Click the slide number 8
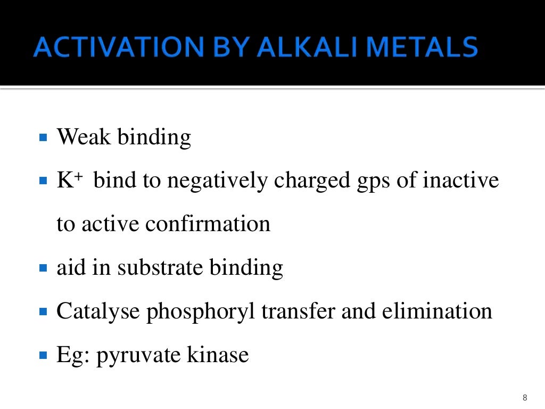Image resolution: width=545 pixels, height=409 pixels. pos(525,398)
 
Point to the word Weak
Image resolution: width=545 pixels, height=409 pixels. pos(84,137)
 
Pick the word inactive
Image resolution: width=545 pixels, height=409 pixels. pos(461,181)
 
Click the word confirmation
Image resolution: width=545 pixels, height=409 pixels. pos(208,224)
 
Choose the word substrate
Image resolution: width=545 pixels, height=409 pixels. pos(160,267)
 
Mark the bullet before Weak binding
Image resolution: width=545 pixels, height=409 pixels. pos(44,137)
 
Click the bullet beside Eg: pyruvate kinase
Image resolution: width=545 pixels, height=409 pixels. pos(44,355)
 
